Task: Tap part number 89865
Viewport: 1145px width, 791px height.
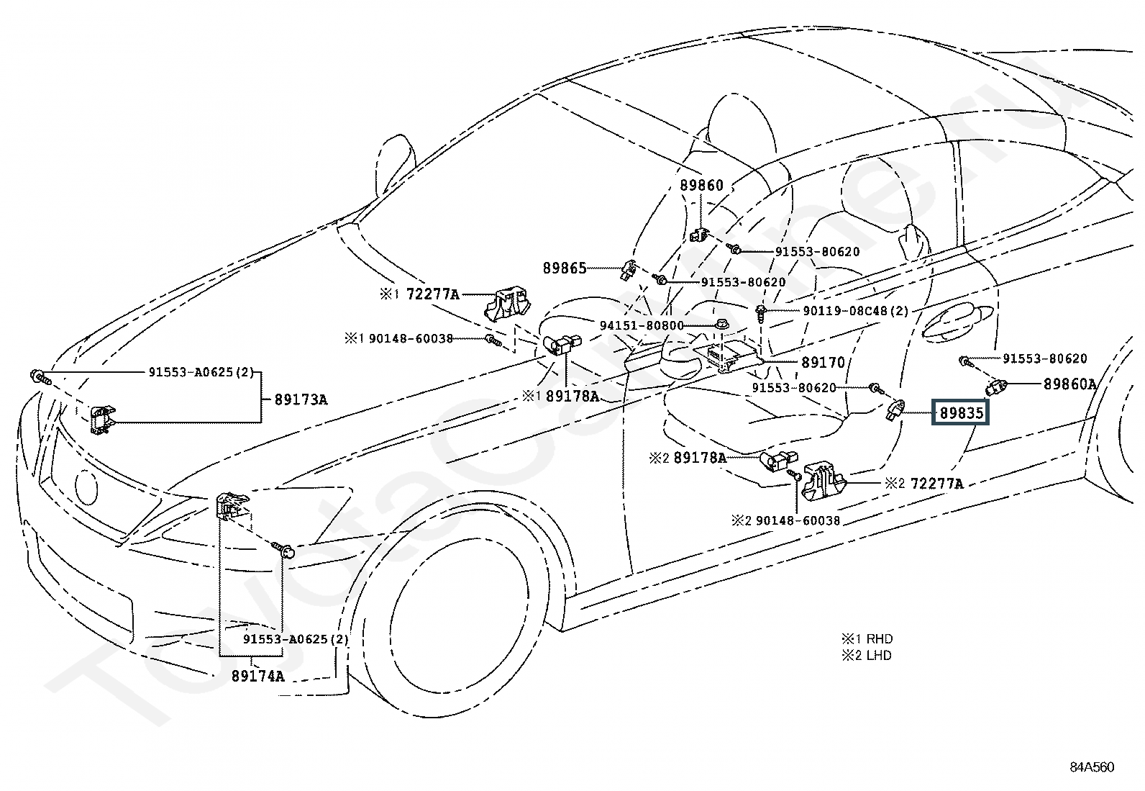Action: (x=565, y=268)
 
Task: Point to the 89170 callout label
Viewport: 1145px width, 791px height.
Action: (x=823, y=362)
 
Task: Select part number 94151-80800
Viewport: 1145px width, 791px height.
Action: (x=642, y=325)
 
